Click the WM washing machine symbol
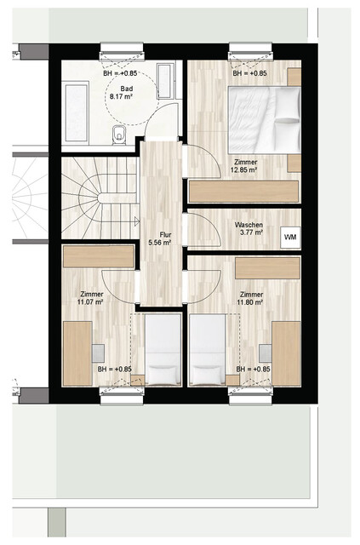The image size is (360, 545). pyautogui.click(x=290, y=236)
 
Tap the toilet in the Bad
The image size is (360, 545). pyautogui.click(x=120, y=132)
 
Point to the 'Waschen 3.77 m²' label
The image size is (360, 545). pyautogui.click(x=249, y=228)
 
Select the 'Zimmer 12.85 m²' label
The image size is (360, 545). pyautogui.click(x=245, y=166)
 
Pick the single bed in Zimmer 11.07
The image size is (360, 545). pyautogui.click(x=162, y=349)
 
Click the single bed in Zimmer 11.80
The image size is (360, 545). pyautogui.click(x=206, y=349)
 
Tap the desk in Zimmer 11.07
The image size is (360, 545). pyautogui.click(x=77, y=353)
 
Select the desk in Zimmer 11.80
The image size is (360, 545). pyautogui.click(x=286, y=353)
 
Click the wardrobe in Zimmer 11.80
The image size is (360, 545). pyautogui.click(x=267, y=267)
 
